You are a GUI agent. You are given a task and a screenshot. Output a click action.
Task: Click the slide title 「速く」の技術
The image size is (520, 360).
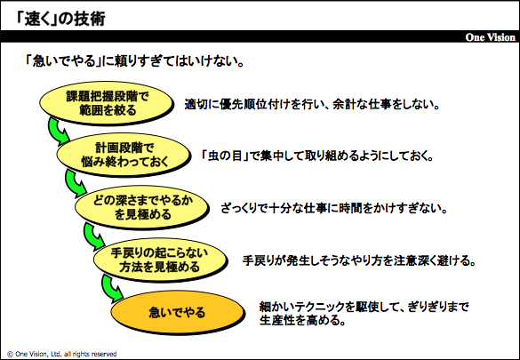click(x=60, y=19)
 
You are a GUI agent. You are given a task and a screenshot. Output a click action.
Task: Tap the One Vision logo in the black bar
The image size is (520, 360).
click(x=490, y=37)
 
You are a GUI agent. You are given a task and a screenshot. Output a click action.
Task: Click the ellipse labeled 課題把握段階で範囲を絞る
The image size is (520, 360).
click(x=107, y=103)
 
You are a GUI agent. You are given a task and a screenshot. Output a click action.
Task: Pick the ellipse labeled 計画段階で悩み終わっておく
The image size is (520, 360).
click(x=124, y=155)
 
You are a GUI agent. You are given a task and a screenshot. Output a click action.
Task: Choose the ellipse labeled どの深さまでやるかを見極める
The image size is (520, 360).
click(x=142, y=207)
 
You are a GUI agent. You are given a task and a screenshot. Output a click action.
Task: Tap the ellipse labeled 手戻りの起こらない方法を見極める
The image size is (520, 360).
click(x=160, y=260)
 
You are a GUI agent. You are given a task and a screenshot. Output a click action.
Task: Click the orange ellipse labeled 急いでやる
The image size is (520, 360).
click(x=178, y=312)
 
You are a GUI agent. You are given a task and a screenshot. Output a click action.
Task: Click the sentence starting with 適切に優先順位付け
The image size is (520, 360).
click(x=312, y=105)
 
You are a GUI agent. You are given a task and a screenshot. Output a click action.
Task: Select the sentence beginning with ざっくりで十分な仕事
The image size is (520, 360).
click(x=334, y=209)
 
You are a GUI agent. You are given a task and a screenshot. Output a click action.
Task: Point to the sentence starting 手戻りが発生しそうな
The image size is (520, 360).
click(x=359, y=260)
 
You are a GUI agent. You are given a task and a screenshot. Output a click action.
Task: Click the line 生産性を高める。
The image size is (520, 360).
click(x=302, y=320)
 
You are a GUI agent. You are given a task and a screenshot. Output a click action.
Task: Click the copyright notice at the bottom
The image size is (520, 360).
click(x=62, y=354)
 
